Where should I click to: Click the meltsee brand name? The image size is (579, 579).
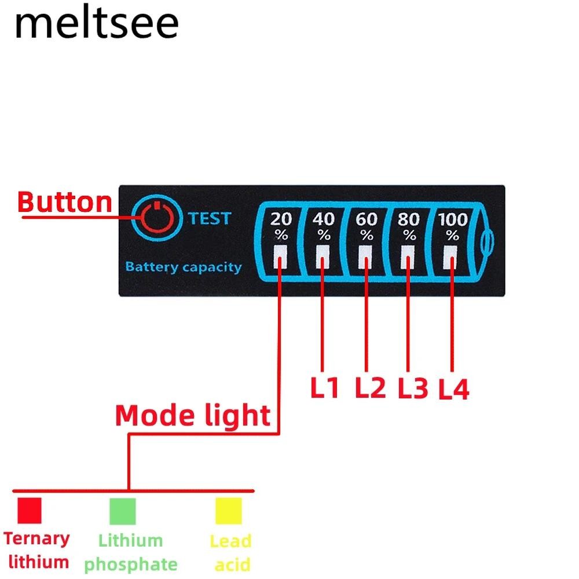tap(97, 24)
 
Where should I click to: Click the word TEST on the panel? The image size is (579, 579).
tap(209, 218)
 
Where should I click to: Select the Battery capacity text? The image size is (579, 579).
tap(183, 267)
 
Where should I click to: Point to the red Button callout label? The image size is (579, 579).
tap(65, 202)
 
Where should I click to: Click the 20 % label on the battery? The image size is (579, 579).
tap(281, 226)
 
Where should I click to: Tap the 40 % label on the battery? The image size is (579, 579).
tap(324, 226)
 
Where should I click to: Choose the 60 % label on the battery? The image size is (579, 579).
tap(367, 226)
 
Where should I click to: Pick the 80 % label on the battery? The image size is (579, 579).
tap(409, 226)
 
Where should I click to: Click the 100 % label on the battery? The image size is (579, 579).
tap(453, 226)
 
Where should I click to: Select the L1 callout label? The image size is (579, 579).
tap(324, 388)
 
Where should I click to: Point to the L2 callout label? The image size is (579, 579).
tap(370, 388)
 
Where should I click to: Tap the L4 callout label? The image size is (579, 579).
tap(453, 390)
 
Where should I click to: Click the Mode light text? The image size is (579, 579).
tap(193, 416)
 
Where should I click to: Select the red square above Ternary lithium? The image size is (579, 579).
tap(30, 510)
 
